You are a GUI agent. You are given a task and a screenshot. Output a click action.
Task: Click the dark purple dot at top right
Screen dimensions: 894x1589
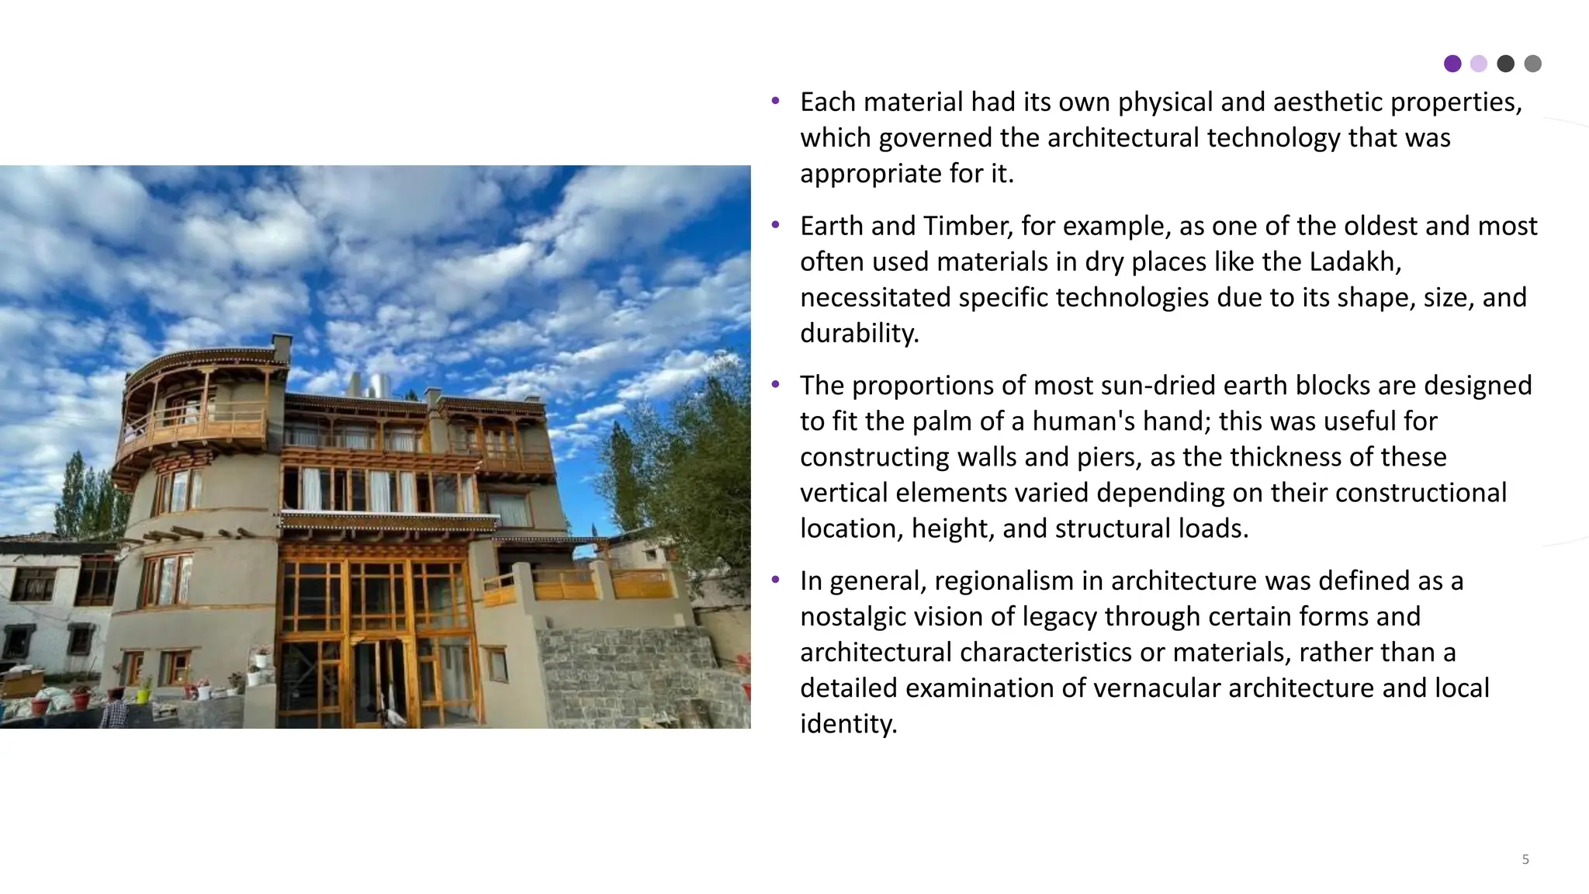tap(1452, 64)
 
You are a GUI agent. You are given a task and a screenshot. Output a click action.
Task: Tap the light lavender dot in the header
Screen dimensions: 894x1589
tap(1479, 64)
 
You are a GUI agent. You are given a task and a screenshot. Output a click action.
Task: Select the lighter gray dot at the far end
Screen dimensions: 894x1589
tap(1532, 64)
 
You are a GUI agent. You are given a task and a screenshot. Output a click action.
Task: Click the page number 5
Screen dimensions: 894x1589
tap(1525, 859)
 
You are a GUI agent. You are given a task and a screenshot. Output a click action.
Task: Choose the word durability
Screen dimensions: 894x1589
tap(859, 334)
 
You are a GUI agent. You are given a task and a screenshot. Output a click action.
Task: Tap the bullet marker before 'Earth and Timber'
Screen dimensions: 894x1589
tap(775, 226)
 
